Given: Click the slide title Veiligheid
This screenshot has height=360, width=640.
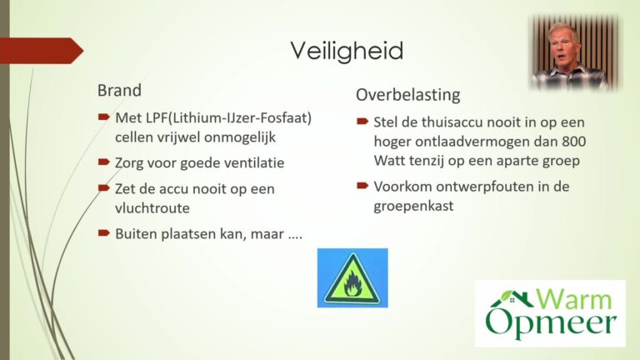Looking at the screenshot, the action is [347, 52].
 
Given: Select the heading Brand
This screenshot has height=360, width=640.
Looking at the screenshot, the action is [119, 90].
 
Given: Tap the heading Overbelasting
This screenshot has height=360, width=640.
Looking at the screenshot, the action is [408, 95].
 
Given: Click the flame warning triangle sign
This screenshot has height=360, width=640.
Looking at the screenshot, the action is [352, 278].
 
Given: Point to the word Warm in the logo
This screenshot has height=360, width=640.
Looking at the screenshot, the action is [573, 299].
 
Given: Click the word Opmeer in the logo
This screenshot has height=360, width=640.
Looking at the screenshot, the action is [551, 323].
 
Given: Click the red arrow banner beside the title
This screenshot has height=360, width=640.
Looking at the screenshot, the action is [42, 51].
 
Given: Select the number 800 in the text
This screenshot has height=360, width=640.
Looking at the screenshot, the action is [573, 142].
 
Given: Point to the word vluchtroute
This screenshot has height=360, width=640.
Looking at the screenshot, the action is [152, 208].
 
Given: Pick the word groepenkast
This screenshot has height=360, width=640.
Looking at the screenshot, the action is [413, 206].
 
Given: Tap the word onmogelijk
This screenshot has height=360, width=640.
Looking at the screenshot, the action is [240, 137].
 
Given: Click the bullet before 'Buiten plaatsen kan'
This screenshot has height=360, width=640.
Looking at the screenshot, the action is [104, 233].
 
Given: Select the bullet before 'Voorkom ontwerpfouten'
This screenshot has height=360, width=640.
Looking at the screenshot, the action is [362, 186].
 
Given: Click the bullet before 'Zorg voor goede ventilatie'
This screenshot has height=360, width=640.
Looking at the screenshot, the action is [104, 162].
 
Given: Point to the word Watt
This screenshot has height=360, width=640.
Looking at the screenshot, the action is [389, 160].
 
